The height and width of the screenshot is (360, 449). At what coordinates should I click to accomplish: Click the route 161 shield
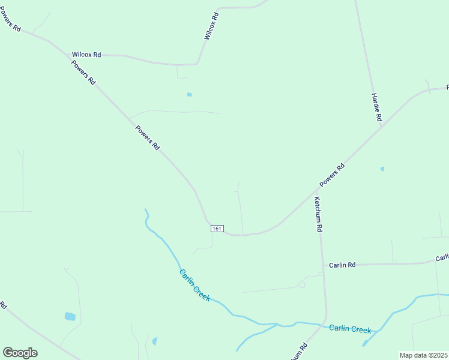pyautogui.click(x=217, y=229)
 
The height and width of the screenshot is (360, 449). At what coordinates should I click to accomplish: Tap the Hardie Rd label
pyautogui.click(x=376, y=108)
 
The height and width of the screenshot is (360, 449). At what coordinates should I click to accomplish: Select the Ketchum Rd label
pyautogui.click(x=319, y=214)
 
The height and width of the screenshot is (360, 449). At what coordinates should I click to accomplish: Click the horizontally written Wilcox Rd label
pyautogui.click(x=86, y=55)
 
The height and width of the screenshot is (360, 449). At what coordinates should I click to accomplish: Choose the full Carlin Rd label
pyautogui.click(x=342, y=265)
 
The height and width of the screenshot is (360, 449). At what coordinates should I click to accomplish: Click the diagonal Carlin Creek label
pyautogui.click(x=195, y=285)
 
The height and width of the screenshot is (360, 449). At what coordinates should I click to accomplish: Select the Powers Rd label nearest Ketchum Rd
pyautogui.click(x=332, y=175)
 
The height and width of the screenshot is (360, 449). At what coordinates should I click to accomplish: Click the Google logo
pyautogui.click(x=20, y=353)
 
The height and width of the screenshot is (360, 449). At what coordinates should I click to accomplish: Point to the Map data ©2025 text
pyautogui.click(x=424, y=355)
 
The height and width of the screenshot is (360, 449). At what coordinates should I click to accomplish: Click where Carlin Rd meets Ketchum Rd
pyautogui.click(x=322, y=265)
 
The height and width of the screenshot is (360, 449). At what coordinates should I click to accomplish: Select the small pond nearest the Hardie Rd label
pyautogui.click(x=382, y=169)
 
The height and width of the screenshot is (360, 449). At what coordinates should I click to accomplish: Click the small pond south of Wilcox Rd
pyautogui.click(x=189, y=94)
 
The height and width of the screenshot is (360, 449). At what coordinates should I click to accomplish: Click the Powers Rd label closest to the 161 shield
pyautogui.click(x=147, y=137)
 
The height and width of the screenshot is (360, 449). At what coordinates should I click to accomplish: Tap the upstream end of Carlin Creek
pyautogui.click(x=145, y=210)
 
